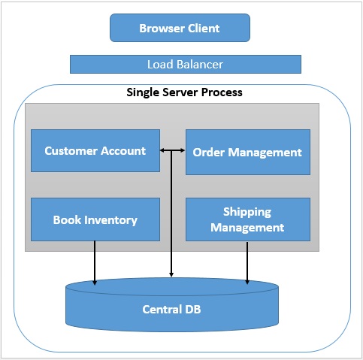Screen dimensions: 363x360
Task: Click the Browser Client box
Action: (x=180, y=28)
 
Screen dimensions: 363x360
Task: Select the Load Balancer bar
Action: (x=186, y=65)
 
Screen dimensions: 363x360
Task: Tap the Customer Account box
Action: (x=95, y=150)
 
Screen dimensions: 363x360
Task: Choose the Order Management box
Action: (x=248, y=152)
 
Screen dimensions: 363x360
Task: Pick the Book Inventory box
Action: (x=95, y=219)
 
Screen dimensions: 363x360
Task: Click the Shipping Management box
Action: (x=248, y=219)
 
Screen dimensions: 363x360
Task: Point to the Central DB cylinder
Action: (x=172, y=305)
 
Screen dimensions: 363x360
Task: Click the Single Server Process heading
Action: (x=184, y=92)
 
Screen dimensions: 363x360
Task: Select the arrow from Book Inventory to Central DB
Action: (x=95, y=263)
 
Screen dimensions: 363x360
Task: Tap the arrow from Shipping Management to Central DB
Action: (x=247, y=263)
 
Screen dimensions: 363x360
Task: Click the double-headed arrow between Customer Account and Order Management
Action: (x=172, y=150)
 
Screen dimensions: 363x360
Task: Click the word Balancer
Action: (x=200, y=65)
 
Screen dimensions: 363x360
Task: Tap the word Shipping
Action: (x=247, y=213)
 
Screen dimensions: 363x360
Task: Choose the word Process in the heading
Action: (x=222, y=92)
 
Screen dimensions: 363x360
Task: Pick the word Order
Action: (x=208, y=152)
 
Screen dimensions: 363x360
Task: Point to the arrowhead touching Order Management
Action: (x=183, y=150)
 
